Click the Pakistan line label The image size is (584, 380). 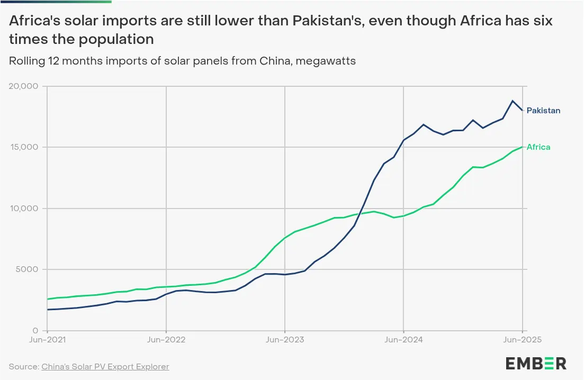click(543, 111)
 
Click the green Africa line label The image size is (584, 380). click(538, 147)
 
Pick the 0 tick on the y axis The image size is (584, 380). click(35, 330)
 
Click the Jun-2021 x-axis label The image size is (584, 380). click(47, 340)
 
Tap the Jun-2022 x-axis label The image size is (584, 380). click(166, 340)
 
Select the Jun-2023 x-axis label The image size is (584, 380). click(285, 340)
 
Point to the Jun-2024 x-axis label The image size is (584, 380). click(403, 340)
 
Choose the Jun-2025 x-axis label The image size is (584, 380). click(522, 340)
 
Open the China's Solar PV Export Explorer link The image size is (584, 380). click(105, 366)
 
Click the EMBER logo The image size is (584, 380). click(535, 363)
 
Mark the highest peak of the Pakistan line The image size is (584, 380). click(513, 101)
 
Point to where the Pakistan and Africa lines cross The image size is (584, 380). click(361, 214)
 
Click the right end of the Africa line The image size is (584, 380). click(523, 147)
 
